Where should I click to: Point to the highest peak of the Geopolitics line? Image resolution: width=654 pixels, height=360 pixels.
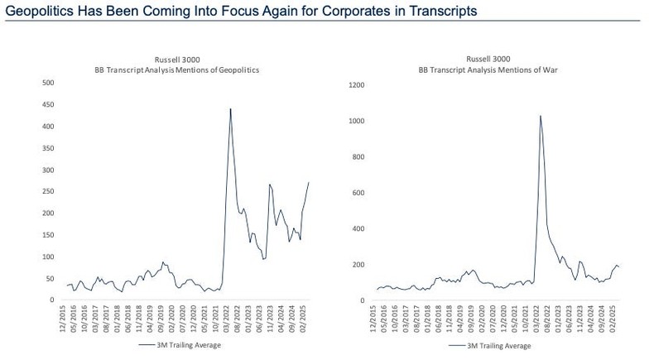[x=230, y=108]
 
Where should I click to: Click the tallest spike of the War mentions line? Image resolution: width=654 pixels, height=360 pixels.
[x=541, y=116]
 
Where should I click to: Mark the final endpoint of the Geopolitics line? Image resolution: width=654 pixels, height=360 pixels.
[x=309, y=182]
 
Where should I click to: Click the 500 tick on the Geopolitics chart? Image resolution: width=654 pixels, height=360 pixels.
[x=48, y=83]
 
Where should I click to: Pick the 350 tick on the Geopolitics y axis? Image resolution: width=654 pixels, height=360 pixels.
[x=48, y=148]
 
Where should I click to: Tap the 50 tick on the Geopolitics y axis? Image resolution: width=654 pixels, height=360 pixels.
[x=50, y=279]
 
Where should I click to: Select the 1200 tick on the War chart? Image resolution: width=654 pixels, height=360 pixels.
[x=357, y=85]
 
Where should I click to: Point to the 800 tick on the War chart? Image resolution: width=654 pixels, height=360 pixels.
[x=358, y=156]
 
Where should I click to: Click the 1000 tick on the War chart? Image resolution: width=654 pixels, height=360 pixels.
[x=357, y=121]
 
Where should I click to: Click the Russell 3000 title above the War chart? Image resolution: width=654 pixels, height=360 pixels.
[x=488, y=60]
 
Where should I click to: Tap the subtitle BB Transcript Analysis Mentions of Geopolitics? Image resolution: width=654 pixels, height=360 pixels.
[x=176, y=70]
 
